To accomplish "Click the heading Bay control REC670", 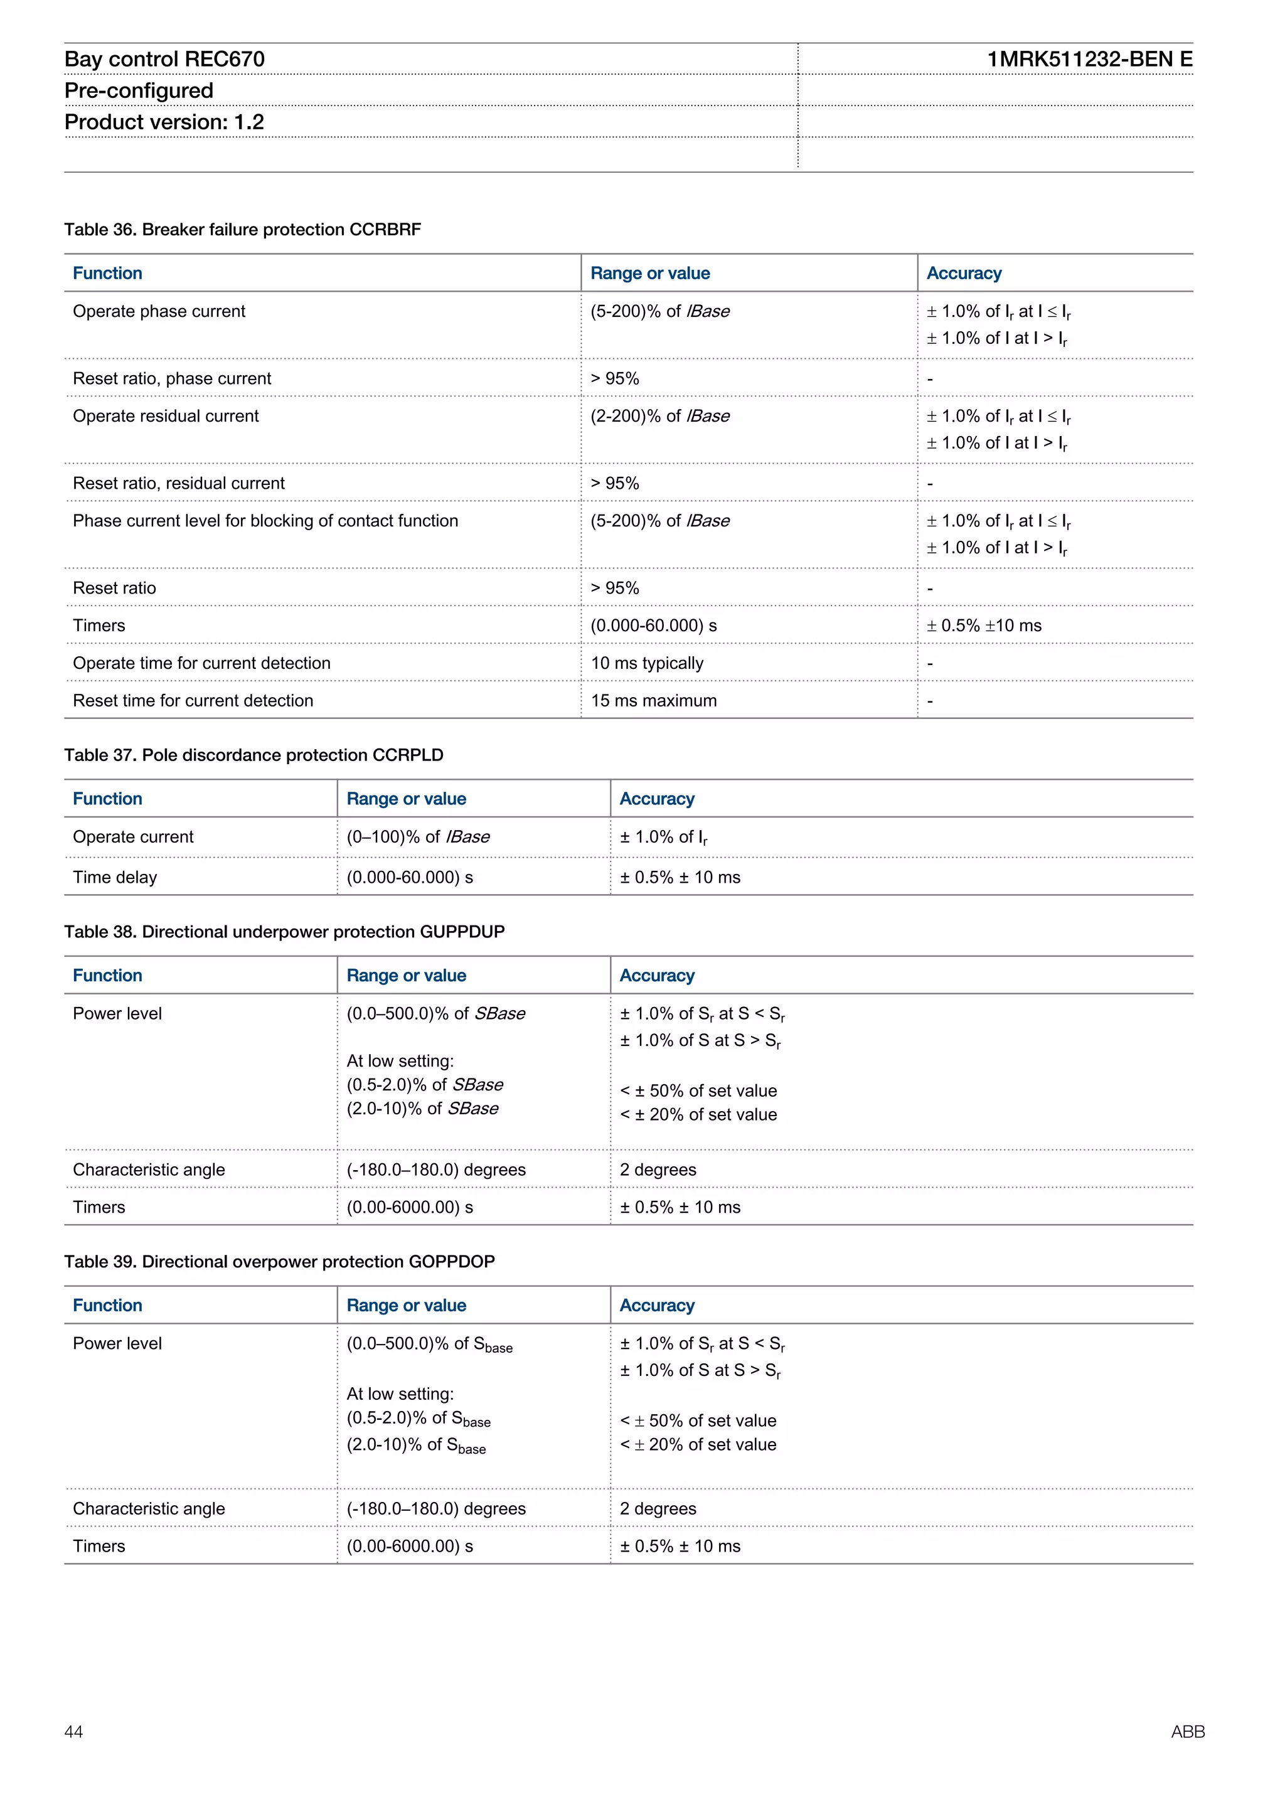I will point(164,60).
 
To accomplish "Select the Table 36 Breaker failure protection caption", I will point(242,230).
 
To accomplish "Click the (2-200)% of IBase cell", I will point(660,416).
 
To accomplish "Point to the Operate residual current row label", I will point(166,416).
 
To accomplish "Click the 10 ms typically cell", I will point(646,663).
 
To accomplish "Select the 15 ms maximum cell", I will point(654,700).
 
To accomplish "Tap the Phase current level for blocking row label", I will point(265,521).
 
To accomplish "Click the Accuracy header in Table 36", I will point(964,273).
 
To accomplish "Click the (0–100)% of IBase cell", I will point(418,836).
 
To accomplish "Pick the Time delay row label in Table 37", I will point(115,877).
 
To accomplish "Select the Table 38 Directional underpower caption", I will point(284,932).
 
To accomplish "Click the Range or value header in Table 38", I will point(406,975).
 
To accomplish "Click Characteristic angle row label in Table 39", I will point(149,1508).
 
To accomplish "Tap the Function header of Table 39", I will point(108,1305).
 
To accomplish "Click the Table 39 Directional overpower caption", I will point(279,1262).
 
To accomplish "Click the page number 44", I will point(73,1732).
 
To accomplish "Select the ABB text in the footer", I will point(1187,1732).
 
